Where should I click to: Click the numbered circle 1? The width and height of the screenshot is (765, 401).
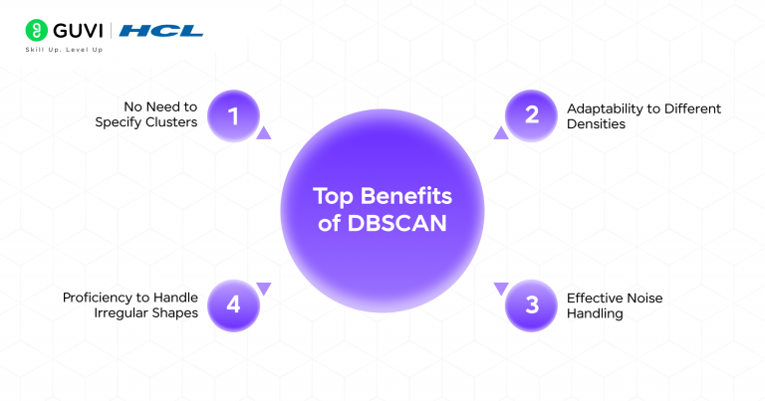coord(233,116)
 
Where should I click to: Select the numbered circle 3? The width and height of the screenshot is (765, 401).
coord(532,304)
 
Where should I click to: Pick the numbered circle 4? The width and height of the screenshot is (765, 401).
coord(233,304)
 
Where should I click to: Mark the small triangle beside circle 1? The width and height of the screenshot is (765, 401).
coord(263,132)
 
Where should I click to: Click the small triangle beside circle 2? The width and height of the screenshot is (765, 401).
coord(501,132)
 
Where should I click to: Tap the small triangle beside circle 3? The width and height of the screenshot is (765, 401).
coord(501,289)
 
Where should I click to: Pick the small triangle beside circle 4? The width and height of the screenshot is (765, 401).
coord(263,289)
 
